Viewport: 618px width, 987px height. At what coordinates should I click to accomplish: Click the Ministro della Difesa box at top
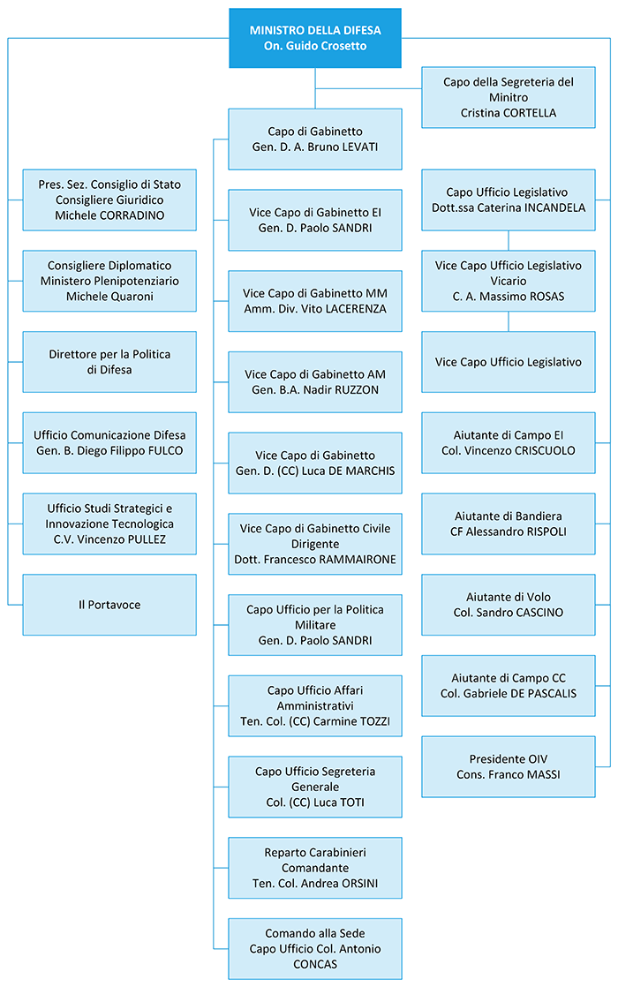click(x=315, y=38)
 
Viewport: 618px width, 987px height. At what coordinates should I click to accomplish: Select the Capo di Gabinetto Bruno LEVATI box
click(x=315, y=139)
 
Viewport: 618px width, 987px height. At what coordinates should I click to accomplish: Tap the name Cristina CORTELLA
click(x=508, y=113)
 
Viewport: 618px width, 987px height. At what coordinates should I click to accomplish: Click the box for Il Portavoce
click(x=109, y=605)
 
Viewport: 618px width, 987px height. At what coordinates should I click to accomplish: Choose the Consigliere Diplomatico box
click(x=109, y=281)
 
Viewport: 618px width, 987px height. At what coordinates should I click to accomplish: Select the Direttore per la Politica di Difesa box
click(x=109, y=362)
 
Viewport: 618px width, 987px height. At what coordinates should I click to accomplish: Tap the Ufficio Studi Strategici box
click(x=109, y=524)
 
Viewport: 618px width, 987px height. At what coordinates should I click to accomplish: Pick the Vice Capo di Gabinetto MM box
click(x=315, y=301)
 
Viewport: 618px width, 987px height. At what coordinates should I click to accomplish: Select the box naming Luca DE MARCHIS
click(x=315, y=463)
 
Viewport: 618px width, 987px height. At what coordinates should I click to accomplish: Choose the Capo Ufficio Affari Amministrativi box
click(x=315, y=705)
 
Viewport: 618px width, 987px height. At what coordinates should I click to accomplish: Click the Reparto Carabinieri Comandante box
click(x=315, y=868)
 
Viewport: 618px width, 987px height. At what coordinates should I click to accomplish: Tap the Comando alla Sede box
click(x=315, y=949)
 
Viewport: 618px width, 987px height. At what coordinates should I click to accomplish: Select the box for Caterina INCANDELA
click(x=508, y=200)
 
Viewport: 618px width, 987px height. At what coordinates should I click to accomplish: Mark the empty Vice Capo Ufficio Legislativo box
click(x=508, y=362)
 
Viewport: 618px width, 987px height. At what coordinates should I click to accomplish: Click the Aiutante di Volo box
click(x=508, y=605)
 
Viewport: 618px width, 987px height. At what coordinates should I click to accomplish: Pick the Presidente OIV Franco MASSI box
click(x=508, y=766)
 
